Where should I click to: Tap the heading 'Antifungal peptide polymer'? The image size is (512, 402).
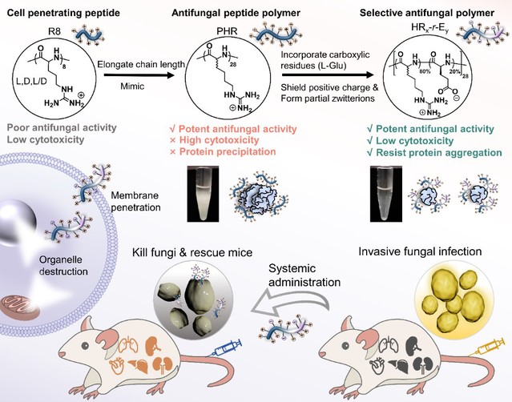(x=236, y=11)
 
